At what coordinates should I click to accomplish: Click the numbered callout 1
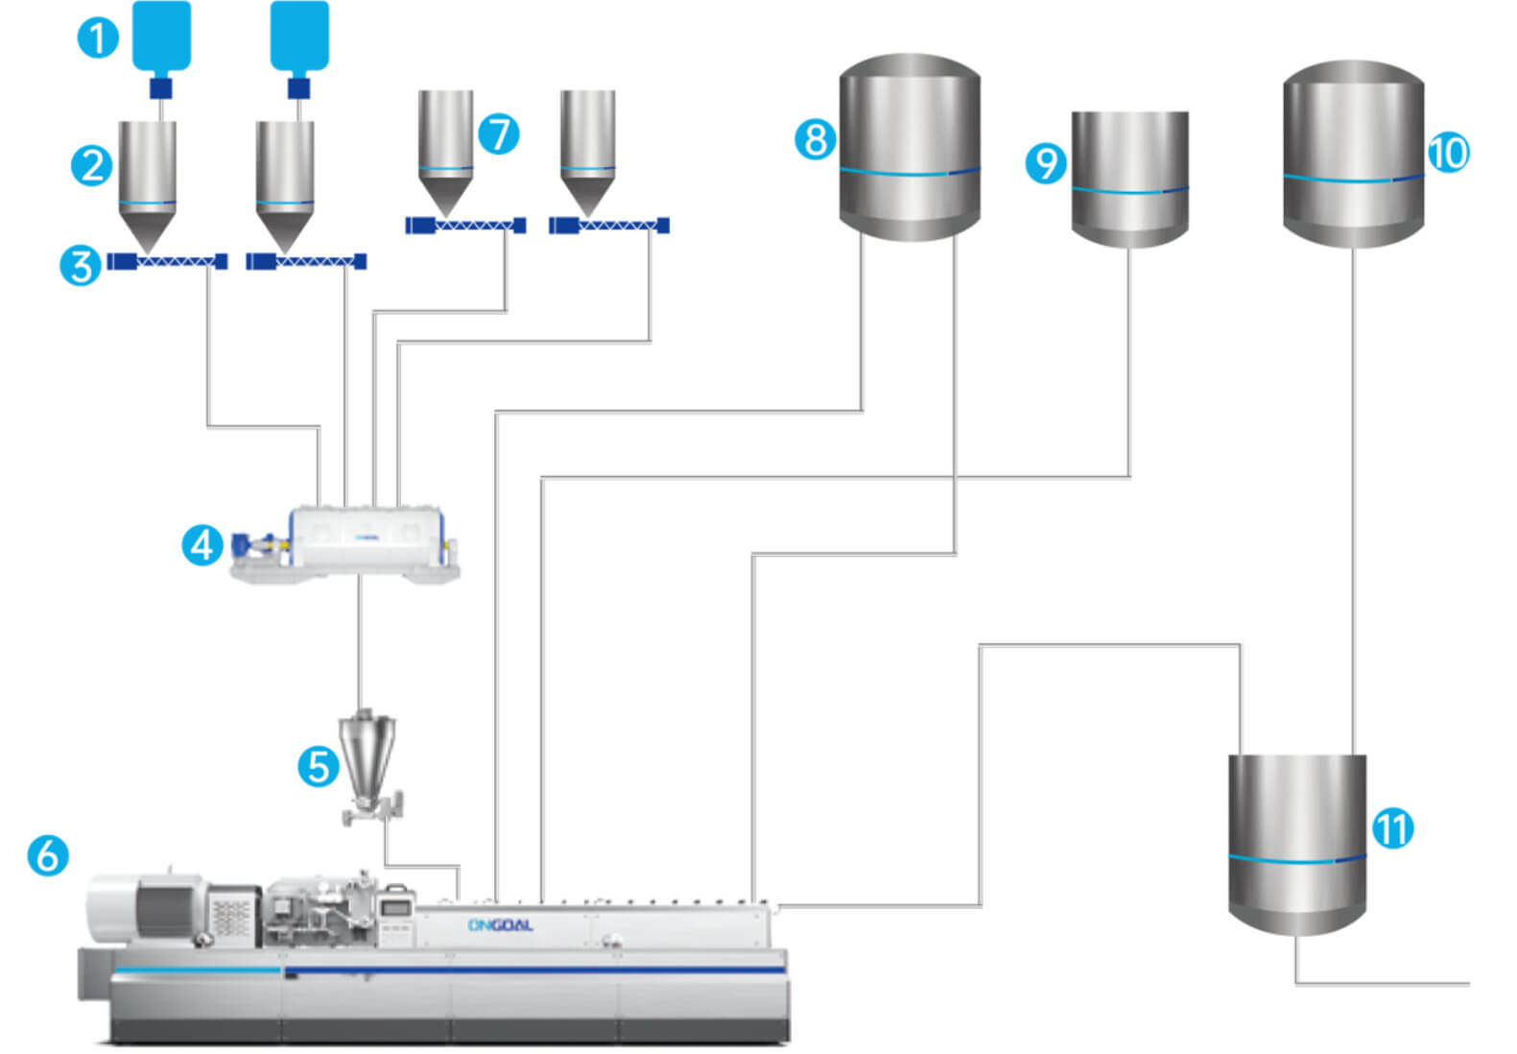click(97, 39)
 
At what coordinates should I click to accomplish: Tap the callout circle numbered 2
click(92, 165)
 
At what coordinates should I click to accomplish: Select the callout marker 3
click(81, 266)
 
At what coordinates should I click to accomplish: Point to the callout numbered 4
click(201, 545)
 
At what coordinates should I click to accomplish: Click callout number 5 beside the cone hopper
click(318, 767)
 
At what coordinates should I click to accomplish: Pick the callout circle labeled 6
click(48, 854)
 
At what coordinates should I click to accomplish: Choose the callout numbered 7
click(499, 133)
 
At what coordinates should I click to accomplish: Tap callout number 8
click(815, 139)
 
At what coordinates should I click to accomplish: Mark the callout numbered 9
click(1046, 163)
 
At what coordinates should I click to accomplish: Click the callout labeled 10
click(1449, 153)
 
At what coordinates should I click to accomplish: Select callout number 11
click(1393, 827)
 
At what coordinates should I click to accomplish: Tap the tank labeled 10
click(1353, 154)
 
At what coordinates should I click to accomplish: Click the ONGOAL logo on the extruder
click(500, 925)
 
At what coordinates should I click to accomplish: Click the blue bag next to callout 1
click(161, 38)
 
